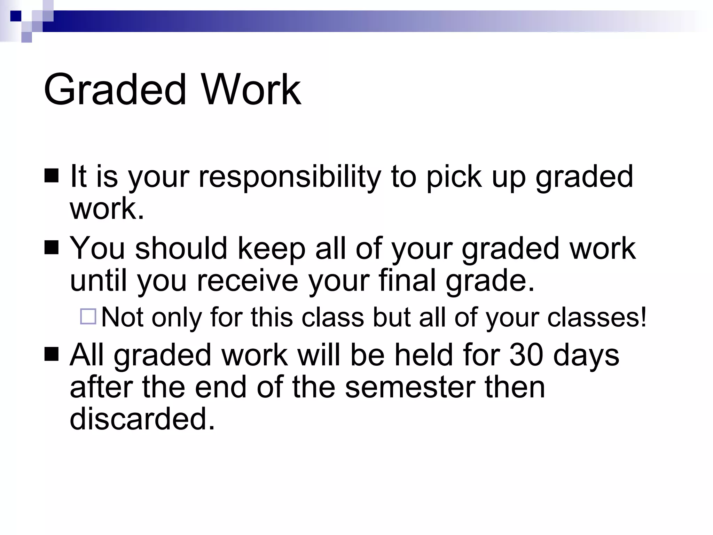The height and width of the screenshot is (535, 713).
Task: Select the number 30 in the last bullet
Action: pyautogui.click(x=526, y=355)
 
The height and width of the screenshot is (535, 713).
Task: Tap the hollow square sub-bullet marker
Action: pyautogui.click(x=88, y=317)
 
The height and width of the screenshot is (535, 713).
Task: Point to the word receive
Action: pyautogui.click(x=248, y=280)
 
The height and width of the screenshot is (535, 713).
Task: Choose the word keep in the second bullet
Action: pyautogui.click(x=272, y=248)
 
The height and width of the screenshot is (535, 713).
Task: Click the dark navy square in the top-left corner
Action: pyautogui.click(x=16, y=16)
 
